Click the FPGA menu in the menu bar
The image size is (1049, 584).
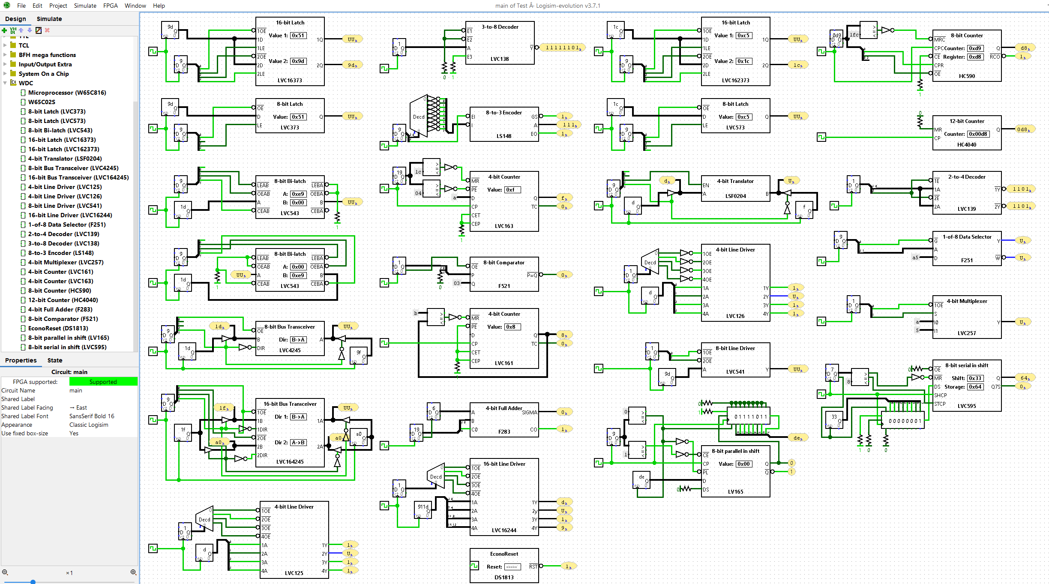[x=110, y=6]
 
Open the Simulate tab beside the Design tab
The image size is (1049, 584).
[x=49, y=19]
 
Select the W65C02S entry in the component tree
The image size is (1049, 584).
[x=42, y=102]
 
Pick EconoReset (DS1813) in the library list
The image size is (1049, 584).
[x=58, y=328]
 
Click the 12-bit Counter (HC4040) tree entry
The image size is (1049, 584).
[x=63, y=300]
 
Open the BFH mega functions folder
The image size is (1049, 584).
[x=47, y=55]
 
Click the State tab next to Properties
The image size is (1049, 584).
[x=55, y=360]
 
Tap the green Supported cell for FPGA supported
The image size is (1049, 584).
[x=103, y=382]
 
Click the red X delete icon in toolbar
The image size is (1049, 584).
[x=47, y=30]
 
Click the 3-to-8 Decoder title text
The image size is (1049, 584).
[x=500, y=27]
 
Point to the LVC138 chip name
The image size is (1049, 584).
[x=500, y=59]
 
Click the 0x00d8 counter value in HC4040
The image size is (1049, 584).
[x=978, y=134]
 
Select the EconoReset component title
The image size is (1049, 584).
[x=504, y=554]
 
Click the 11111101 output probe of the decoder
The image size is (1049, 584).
[x=563, y=48]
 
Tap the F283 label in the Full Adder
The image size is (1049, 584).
[x=504, y=431]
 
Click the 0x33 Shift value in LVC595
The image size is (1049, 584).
[x=975, y=378]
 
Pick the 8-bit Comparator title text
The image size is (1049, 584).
[x=504, y=263]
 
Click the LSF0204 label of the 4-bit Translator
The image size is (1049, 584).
[x=735, y=196]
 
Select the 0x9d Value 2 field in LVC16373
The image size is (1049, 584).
[x=298, y=61]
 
